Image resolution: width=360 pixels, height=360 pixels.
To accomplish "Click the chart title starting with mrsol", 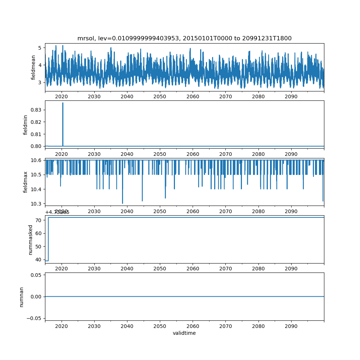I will [x=184, y=38].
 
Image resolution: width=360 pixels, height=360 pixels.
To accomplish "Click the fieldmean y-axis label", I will [x=33, y=67].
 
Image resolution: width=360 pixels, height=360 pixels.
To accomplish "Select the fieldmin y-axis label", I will [x=25, y=125].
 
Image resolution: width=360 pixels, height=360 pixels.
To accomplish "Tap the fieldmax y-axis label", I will [x=25, y=182].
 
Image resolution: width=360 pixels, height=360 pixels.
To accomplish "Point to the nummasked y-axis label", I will [x=31, y=239].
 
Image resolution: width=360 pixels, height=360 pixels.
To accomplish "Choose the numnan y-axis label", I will [x=22, y=297].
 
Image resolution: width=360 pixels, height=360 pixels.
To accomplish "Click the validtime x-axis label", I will [x=184, y=333].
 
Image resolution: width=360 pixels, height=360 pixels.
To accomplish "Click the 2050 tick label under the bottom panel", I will [x=160, y=326].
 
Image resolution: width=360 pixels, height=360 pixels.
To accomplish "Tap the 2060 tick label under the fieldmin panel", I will [x=193, y=154].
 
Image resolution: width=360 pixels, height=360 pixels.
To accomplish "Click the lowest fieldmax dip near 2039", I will [x=122, y=203].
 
